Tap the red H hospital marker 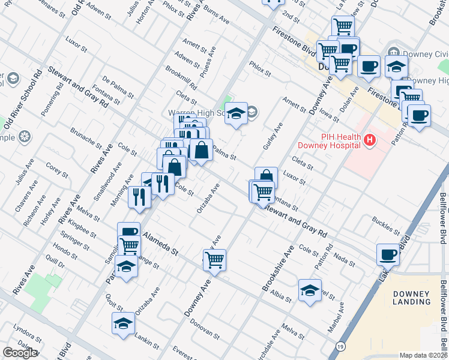pos(370,140)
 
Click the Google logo pos(20,353)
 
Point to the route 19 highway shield pos(341,347)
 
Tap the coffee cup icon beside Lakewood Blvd pos(388,254)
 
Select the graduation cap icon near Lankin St pos(123,322)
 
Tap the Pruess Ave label pos(209,63)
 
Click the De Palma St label pos(118,86)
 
